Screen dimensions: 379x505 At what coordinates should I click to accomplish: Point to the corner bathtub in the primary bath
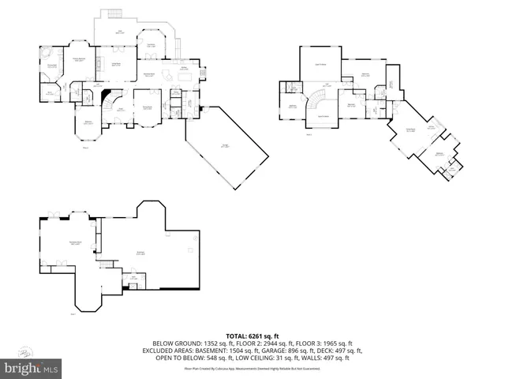click(46, 53)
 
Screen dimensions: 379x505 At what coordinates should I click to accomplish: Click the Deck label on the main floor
click(120, 32)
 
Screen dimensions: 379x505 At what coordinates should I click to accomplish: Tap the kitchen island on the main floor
click(168, 75)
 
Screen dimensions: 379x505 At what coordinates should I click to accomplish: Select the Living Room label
click(146, 108)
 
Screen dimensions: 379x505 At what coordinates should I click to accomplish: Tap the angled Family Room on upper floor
click(410, 131)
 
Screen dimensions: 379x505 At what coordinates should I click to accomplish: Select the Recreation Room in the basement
click(75, 243)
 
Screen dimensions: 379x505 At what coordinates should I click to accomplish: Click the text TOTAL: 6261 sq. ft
click(252, 336)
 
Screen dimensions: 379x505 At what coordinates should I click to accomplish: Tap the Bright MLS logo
click(32, 368)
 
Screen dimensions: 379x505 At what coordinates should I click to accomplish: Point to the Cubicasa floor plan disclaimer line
click(252, 368)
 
